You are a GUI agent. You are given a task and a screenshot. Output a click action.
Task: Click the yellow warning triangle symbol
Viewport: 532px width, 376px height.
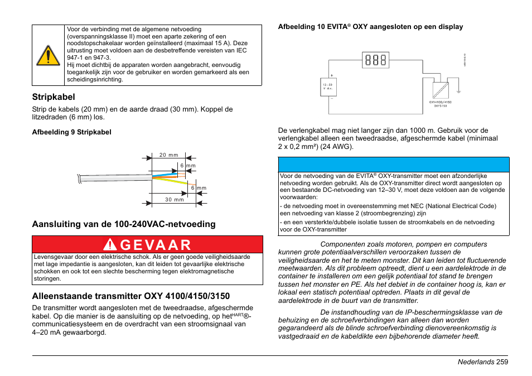(49, 55)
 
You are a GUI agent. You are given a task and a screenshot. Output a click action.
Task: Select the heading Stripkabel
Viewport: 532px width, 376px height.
(54, 97)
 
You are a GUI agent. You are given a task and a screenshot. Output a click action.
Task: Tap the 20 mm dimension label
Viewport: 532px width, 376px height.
(168, 155)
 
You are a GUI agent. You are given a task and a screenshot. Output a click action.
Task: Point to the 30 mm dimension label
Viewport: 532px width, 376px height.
(174, 199)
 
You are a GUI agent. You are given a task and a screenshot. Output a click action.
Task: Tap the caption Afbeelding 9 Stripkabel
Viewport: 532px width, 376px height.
(71, 132)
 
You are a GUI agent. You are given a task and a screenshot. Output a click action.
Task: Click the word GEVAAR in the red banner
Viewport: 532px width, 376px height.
(155, 244)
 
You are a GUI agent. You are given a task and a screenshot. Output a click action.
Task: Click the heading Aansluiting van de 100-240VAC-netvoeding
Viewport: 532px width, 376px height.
(124, 224)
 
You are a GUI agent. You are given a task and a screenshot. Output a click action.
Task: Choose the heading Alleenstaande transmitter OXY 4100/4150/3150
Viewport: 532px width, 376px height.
(130, 296)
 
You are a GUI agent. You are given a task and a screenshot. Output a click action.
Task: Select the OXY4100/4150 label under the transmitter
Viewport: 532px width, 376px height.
(440, 103)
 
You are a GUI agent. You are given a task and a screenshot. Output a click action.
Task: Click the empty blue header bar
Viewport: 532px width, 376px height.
(393, 165)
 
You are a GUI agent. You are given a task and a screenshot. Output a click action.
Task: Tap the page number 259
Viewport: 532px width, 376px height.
(500, 362)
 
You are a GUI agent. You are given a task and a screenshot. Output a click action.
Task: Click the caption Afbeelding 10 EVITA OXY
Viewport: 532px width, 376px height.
(370, 27)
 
